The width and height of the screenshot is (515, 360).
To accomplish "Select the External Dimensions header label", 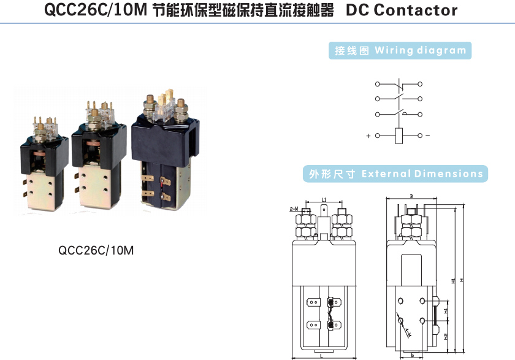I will [395, 174].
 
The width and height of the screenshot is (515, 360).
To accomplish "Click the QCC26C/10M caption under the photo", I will [96, 250].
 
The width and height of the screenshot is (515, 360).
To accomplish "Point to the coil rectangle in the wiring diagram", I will [399, 135].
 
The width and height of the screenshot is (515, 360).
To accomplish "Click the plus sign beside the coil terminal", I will [368, 136].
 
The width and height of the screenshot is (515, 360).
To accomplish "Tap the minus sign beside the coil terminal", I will [428, 136].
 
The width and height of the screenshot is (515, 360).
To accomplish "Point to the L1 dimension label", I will [323, 200].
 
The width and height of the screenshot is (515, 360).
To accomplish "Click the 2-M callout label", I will [293, 209].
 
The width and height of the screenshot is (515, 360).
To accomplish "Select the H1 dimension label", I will [453, 280].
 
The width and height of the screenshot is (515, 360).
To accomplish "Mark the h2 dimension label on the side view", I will [446, 337].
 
